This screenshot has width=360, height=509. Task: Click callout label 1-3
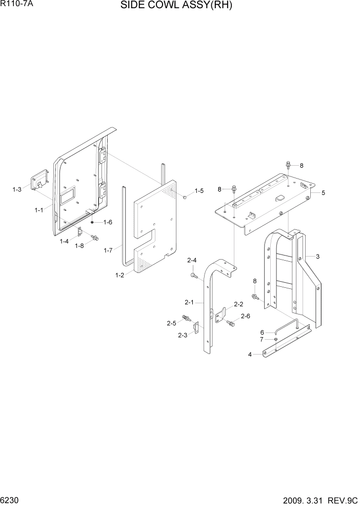tap(17, 190)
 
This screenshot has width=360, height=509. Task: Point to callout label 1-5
tap(199, 191)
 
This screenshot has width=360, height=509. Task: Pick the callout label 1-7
tap(108, 250)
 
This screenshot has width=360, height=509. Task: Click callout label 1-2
tap(119, 276)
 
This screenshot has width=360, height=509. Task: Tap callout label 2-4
tap(192, 261)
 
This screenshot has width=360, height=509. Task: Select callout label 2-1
tap(189, 302)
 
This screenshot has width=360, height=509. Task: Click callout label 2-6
tap(245, 316)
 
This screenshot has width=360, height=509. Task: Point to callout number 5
tap(323, 193)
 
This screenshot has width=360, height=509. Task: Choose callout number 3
tap(317, 257)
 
